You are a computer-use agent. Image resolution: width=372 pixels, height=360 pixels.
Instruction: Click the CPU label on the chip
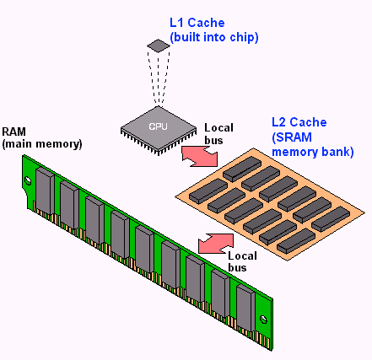(158, 126)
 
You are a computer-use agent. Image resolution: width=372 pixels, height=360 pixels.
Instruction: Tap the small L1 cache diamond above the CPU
(159, 46)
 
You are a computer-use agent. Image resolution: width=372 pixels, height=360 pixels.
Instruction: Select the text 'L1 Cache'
(197, 23)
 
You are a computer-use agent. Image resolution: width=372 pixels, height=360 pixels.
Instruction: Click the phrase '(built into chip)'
(214, 37)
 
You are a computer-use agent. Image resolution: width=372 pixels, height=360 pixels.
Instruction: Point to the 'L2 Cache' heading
(299, 122)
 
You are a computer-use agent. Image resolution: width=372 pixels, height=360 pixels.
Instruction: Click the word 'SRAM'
(294, 137)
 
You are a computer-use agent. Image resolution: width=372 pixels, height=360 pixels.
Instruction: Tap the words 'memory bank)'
(313, 152)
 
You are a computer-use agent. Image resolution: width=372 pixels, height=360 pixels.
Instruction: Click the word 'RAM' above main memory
(13, 132)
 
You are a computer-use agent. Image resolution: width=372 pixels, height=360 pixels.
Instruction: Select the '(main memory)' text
(42, 144)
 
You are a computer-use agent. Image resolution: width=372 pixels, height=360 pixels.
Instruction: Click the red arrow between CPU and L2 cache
(200, 156)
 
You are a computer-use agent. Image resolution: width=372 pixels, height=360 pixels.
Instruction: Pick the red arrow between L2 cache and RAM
(216, 244)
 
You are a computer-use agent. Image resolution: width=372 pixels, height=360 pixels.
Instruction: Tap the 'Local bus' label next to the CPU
(218, 134)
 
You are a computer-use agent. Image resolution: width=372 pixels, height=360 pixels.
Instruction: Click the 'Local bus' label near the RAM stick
(242, 261)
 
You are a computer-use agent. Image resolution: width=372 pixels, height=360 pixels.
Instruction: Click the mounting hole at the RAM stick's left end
(28, 180)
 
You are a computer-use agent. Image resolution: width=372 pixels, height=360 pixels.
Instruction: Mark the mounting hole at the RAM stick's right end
(263, 320)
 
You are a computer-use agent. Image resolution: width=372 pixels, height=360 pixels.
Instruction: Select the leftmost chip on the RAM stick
(45, 191)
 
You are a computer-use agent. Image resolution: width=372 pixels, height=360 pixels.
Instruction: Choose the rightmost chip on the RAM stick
(245, 308)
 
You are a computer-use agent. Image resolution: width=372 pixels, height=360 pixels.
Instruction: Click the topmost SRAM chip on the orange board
(242, 169)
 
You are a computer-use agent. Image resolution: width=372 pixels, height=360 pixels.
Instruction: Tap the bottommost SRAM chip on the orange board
(296, 240)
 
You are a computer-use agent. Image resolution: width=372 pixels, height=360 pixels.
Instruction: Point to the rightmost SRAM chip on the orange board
(331, 219)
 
